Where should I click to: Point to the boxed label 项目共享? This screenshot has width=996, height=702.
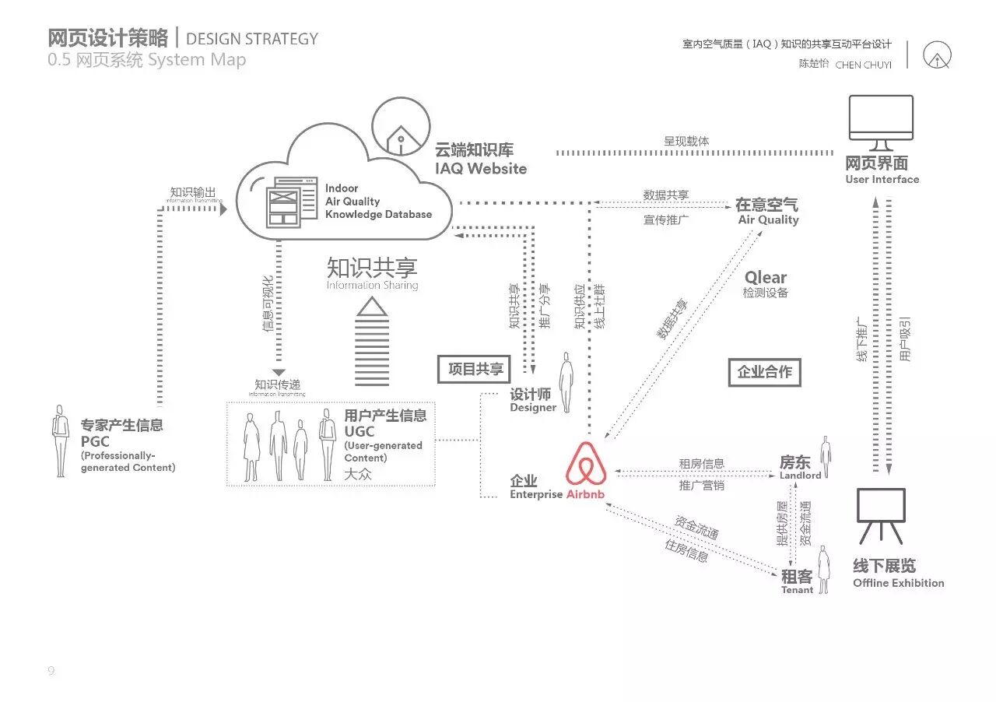[475, 369]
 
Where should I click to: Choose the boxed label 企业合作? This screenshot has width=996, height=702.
[764, 372]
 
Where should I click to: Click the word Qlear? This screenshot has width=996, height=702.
[766, 278]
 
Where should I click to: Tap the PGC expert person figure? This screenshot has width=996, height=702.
[60, 441]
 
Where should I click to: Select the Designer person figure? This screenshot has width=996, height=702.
[566, 381]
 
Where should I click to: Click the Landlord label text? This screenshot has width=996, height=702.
[800, 476]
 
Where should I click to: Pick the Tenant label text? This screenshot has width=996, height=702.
[797, 590]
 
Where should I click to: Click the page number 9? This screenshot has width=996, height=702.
[51, 671]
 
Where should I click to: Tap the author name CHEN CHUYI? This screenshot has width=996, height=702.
[863, 65]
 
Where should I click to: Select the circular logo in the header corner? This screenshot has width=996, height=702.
[937, 54]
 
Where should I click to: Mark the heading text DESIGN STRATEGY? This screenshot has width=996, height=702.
[252, 39]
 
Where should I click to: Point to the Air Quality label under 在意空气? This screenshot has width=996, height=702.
[768, 220]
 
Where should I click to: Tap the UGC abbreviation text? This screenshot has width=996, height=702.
[359, 431]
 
